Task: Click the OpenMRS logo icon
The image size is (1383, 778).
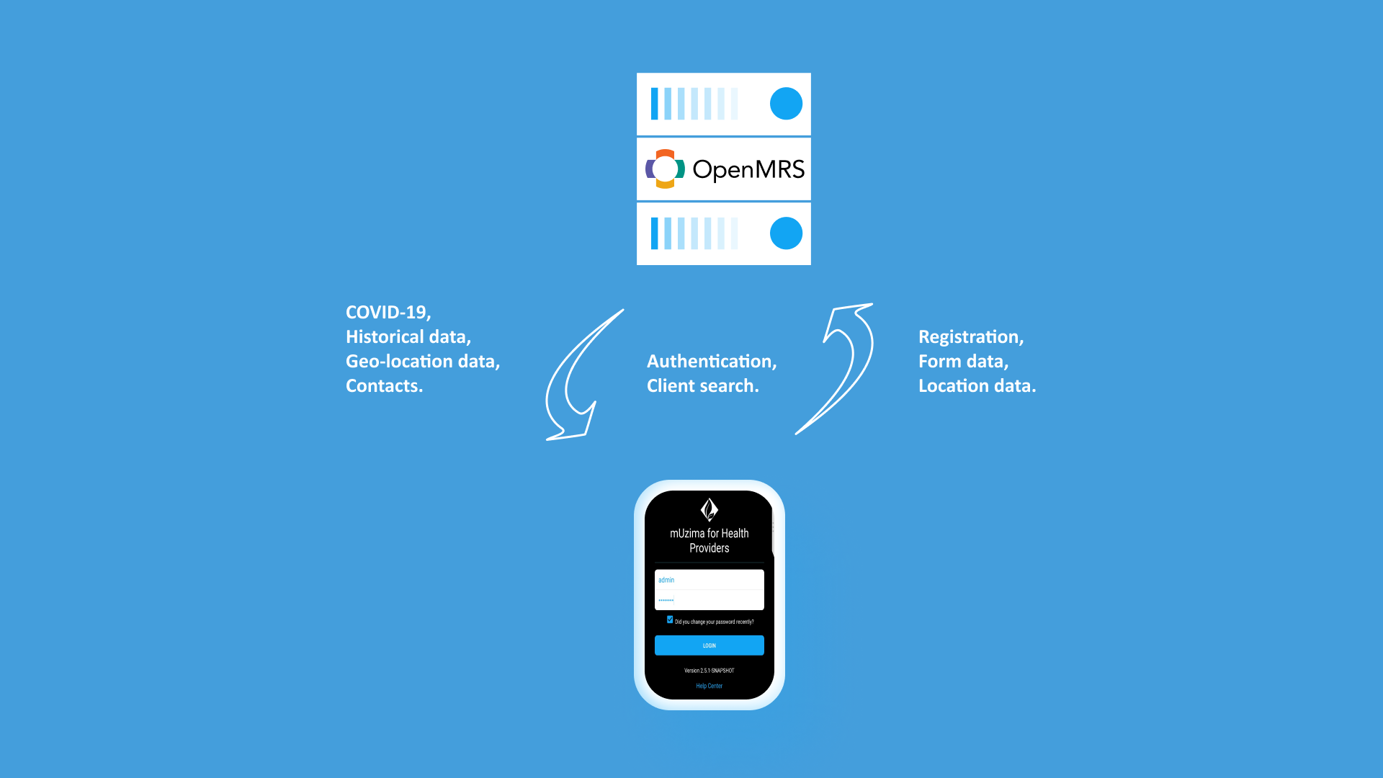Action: (x=665, y=169)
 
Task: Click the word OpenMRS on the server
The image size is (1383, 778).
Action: (x=748, y=169)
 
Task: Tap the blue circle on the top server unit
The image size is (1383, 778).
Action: (x=786, y=104)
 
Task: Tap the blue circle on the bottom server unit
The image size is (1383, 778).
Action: (x=786, y=233)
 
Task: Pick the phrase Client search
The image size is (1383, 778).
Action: (x=702, y=385)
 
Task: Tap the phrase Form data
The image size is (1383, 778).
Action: (x=963, y=361)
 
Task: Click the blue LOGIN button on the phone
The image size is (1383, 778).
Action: (x=709, y=645)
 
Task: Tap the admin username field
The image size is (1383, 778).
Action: (x=709, y=580)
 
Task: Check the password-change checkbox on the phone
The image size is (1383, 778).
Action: (x=670, y=620)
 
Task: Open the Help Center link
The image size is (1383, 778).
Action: (x=709, y=686)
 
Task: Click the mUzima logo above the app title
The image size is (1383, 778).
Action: (x=709, y=509)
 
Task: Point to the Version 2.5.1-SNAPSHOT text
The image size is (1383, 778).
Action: (x=709, y=671)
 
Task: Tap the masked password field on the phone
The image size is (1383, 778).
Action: (x=709, y=600)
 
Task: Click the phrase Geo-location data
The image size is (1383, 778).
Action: (x=423, y=361)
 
